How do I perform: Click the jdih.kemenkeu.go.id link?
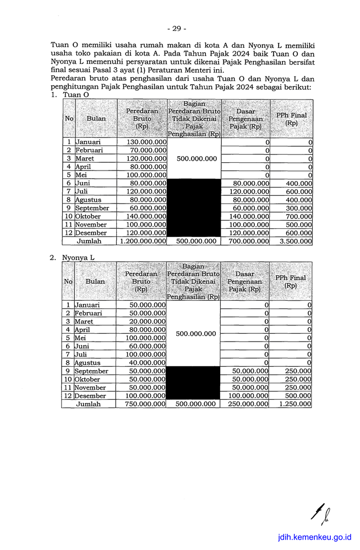315,537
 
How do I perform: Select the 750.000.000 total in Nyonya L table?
145,404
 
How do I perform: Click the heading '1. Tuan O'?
70,95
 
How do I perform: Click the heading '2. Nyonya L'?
73,257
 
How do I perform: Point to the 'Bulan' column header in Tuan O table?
96,118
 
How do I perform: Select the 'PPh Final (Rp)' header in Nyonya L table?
291,282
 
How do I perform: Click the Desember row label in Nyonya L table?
91,395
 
